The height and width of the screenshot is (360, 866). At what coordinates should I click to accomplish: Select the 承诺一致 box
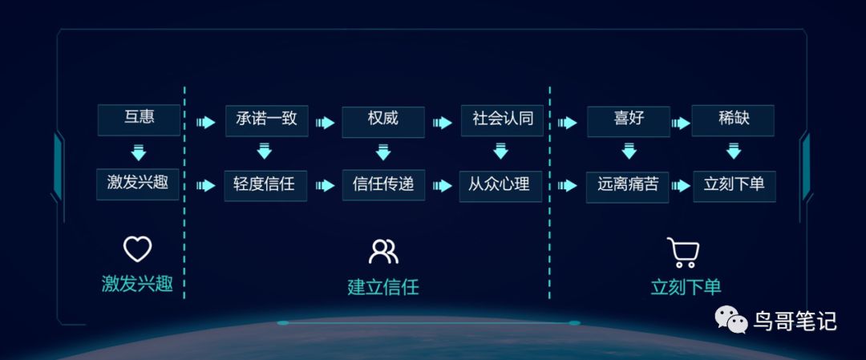[266, 120]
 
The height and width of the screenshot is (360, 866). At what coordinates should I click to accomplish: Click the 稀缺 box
[733, 120]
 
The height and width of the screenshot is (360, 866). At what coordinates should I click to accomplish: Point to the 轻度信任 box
[265, 185]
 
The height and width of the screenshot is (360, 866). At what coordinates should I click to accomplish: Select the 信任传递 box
[383, 185]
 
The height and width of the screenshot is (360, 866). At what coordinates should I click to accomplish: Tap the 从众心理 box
[500, 185]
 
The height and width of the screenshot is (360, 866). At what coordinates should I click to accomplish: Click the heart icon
[137, 249]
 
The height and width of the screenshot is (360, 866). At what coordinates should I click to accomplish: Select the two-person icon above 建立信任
[383, 251]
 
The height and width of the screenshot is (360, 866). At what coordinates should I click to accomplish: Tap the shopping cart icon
[683, 252]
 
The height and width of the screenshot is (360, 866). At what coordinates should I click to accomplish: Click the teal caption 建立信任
[383, 287]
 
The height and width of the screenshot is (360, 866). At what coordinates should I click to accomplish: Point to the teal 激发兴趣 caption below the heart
[137, 284]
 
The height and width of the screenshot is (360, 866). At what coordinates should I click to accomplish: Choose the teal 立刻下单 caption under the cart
[686, 287]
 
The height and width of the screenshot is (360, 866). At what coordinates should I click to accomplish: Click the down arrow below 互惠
[139, 152]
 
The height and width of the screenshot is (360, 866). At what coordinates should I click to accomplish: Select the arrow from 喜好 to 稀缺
[681, 123]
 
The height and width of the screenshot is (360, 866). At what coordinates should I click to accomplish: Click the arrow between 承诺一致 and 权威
[325, 123]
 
